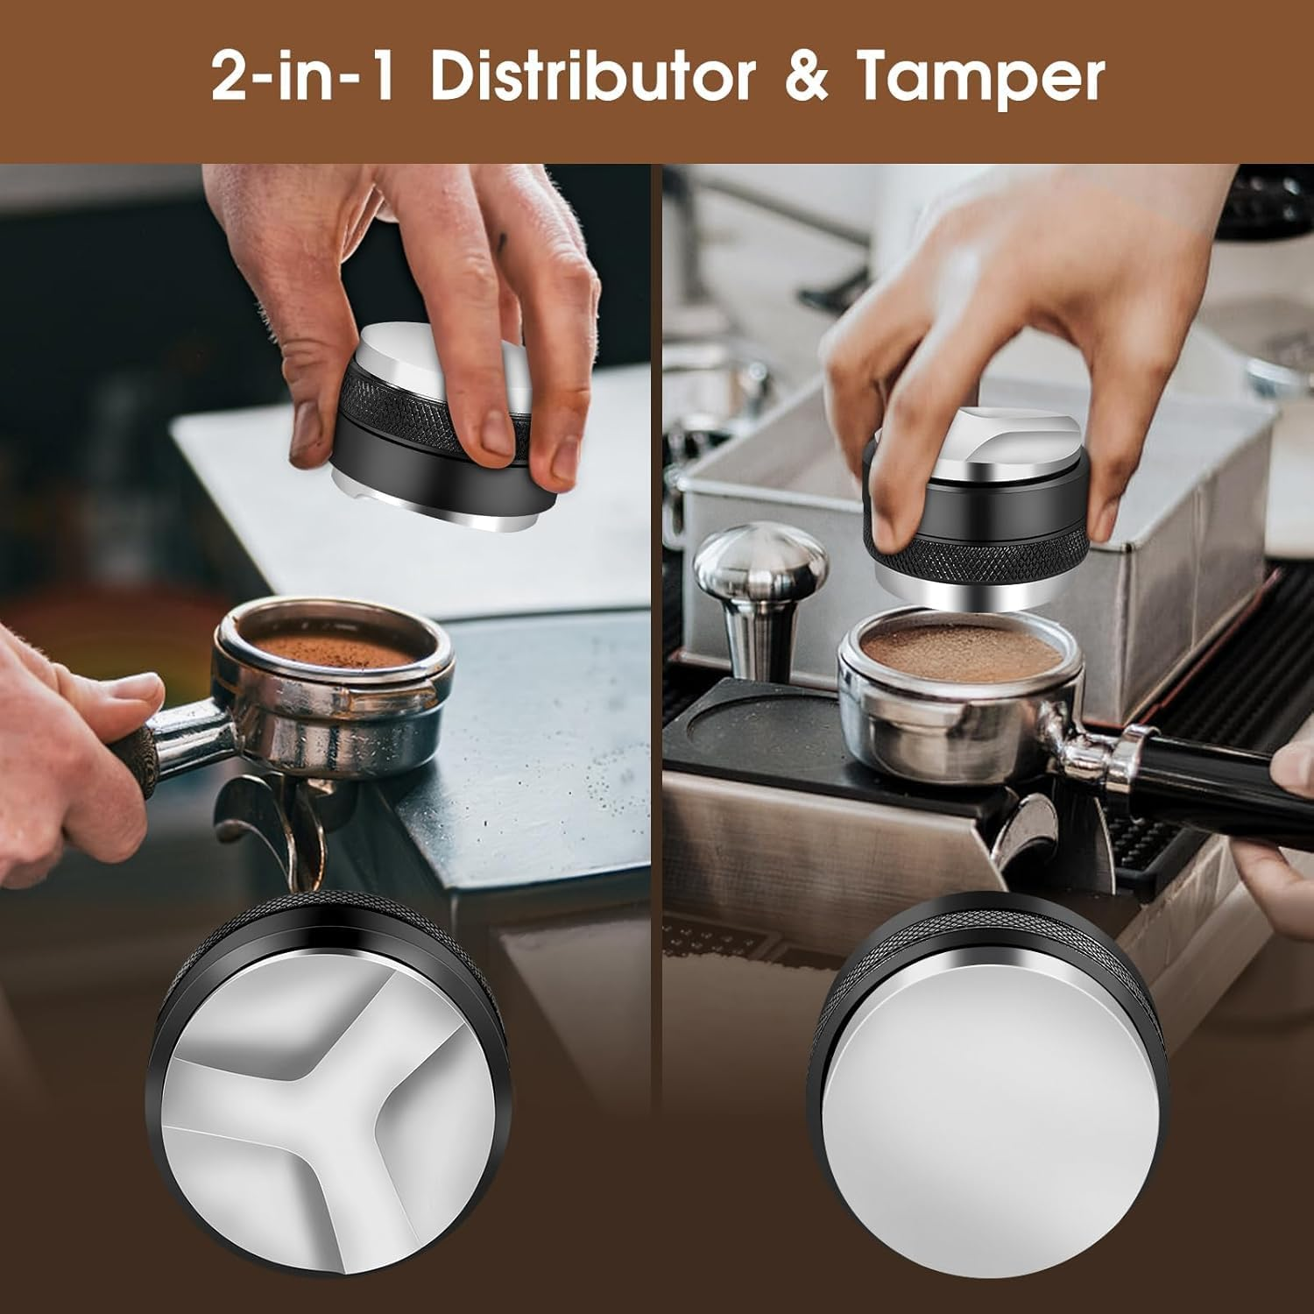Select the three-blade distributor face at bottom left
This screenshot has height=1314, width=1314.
click(324, 1130)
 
